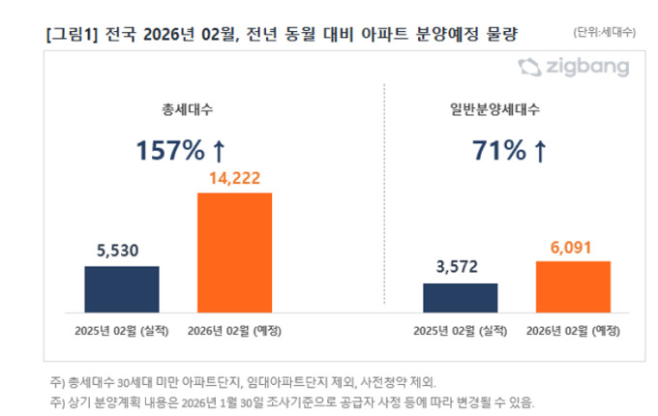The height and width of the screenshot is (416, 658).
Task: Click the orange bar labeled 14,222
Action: [234, 253]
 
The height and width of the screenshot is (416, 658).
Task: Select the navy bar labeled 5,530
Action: [122, 289]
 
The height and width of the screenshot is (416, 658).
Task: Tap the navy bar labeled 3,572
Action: [460, 298]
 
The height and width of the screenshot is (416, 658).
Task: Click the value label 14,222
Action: [235, 178]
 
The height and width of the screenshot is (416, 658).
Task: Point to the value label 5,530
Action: [122, 251]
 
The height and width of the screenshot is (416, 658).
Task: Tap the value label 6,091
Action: [573, 246]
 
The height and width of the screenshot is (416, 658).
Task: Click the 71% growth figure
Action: [501, 151]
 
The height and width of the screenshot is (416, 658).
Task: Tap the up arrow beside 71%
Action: [540, 151]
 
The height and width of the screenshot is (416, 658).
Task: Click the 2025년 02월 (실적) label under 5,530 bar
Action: [122, 330]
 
